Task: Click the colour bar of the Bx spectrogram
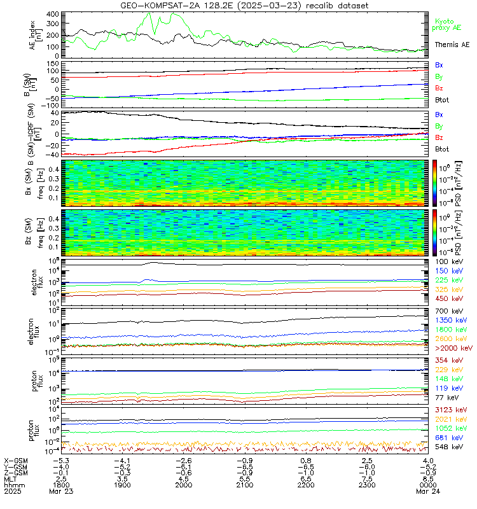436,182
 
